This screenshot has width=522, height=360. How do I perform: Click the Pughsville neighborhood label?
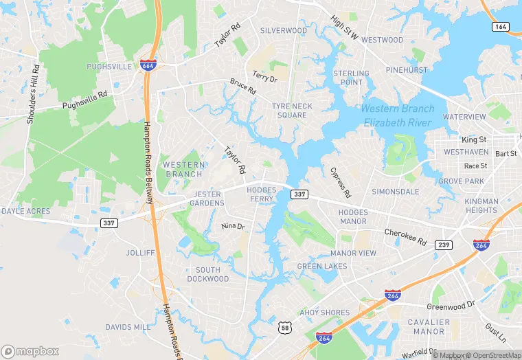click(109, 67)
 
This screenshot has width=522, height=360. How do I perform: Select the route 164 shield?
click(500, 26)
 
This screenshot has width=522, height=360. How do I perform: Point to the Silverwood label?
click(284, 31)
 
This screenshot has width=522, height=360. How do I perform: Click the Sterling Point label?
click(351, 78)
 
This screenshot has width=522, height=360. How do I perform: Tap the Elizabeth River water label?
click(398, 116)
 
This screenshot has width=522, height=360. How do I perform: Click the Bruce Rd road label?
click(242, 87)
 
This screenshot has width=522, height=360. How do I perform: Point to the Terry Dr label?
click(264, 77)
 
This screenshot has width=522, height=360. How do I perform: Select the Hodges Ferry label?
click(262, 194)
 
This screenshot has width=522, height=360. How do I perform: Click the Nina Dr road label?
click(233, 226)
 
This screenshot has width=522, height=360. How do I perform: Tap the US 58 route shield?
click(284, 328)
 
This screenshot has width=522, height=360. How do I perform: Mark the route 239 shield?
click(444, 245)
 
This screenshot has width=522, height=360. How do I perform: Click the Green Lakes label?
click(322, 266)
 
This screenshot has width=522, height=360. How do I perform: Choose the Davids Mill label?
click(127, 327)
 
